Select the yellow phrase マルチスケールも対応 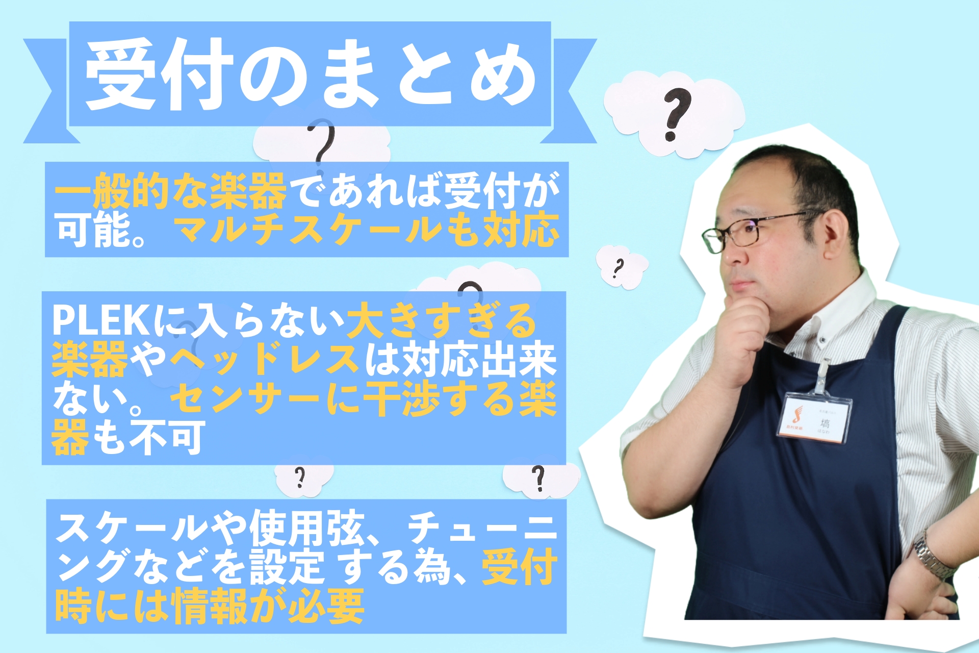367,230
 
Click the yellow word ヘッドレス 265,359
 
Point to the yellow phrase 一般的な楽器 171,191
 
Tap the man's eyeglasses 750,231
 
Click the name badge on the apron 814,417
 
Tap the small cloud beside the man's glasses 622,266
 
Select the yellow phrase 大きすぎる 442,320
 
